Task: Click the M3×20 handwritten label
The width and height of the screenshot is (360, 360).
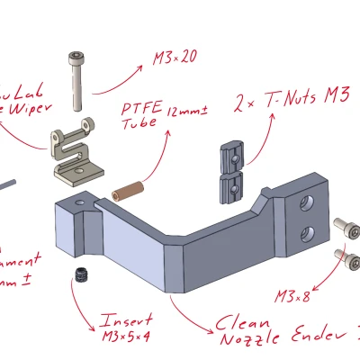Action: click(x=174, y=59)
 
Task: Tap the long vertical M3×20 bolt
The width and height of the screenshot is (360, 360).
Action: click(x=78, y=81)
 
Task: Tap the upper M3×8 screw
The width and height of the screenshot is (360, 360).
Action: click(x=344, y=224)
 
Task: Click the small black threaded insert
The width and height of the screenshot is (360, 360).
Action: click(x=80, y=275)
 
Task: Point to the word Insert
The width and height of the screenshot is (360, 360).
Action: click(x=127, y=320)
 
